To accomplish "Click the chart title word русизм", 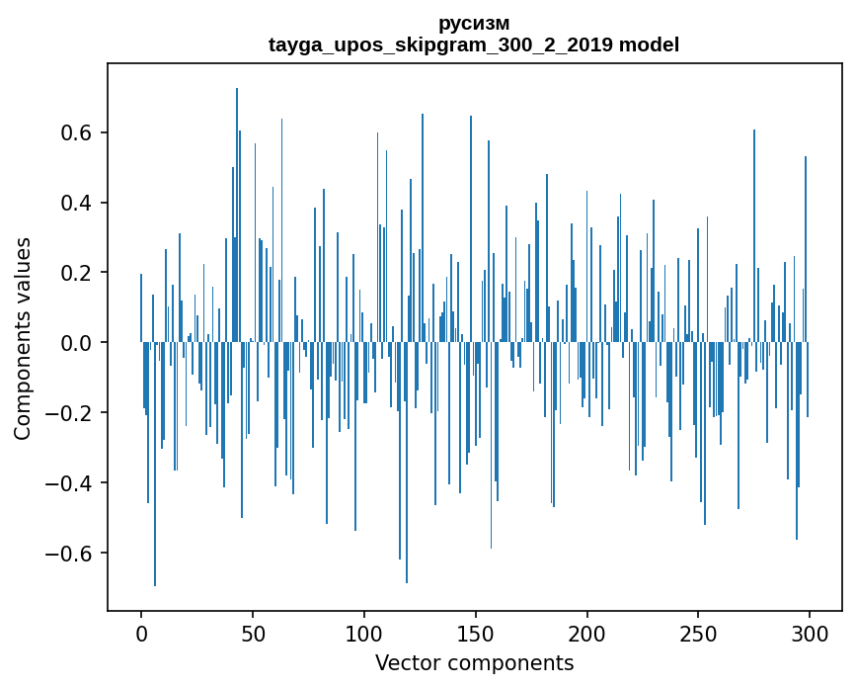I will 474,23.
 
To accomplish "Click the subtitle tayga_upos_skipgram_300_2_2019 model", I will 474,44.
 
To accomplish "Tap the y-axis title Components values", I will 23,338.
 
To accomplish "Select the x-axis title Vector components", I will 474,662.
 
